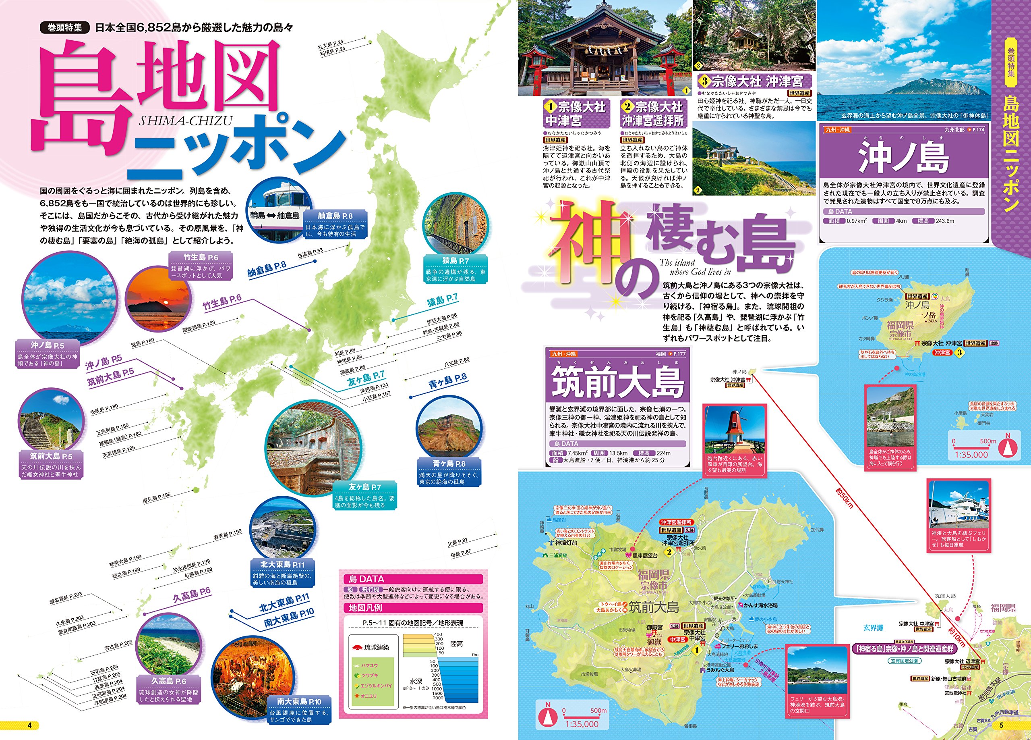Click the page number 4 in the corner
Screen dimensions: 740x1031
(x=29, y=725)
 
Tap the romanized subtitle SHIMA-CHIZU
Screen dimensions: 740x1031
(x=186, y=121)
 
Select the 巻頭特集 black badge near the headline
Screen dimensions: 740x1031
(x=64, y=27)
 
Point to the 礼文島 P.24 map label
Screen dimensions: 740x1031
(x=331, y=45)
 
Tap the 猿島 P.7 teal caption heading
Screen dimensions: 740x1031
(x=455, y=261)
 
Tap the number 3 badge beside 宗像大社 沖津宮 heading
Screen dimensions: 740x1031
(x=704, y=81)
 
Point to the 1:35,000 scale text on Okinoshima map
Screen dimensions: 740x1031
(x=971, y=454)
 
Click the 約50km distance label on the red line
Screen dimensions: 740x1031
(x=844, y=498)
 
